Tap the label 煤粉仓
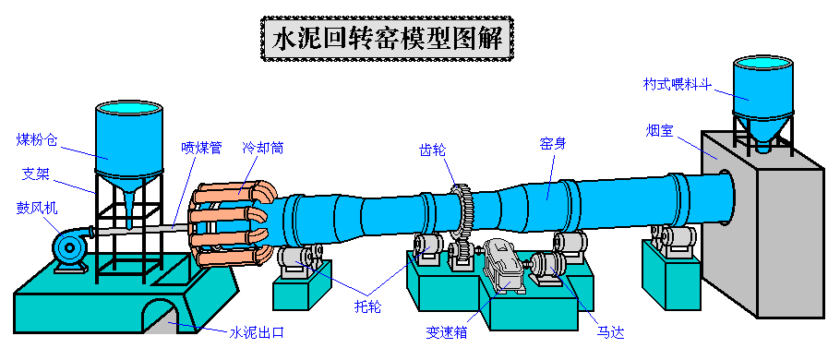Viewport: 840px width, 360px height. click(37, 140)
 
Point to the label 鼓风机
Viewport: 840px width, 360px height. click(37, 209)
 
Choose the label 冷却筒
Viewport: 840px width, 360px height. click(263, 147)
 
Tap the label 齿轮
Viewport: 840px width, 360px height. click(433, 147)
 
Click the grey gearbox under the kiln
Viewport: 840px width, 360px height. click(502, 266)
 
